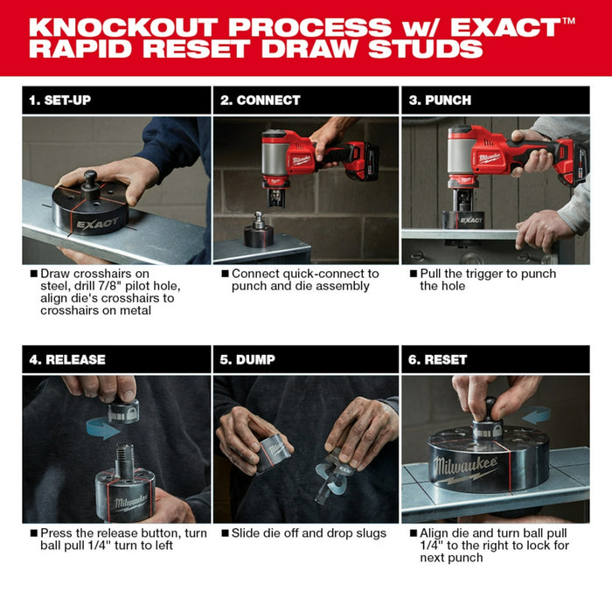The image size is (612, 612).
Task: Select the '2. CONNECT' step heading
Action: pos(260,100)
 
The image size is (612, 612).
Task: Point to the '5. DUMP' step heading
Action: pos(252,359)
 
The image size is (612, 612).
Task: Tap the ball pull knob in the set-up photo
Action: pos(90,180)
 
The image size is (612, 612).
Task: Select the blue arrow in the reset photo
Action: pos(535,414)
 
